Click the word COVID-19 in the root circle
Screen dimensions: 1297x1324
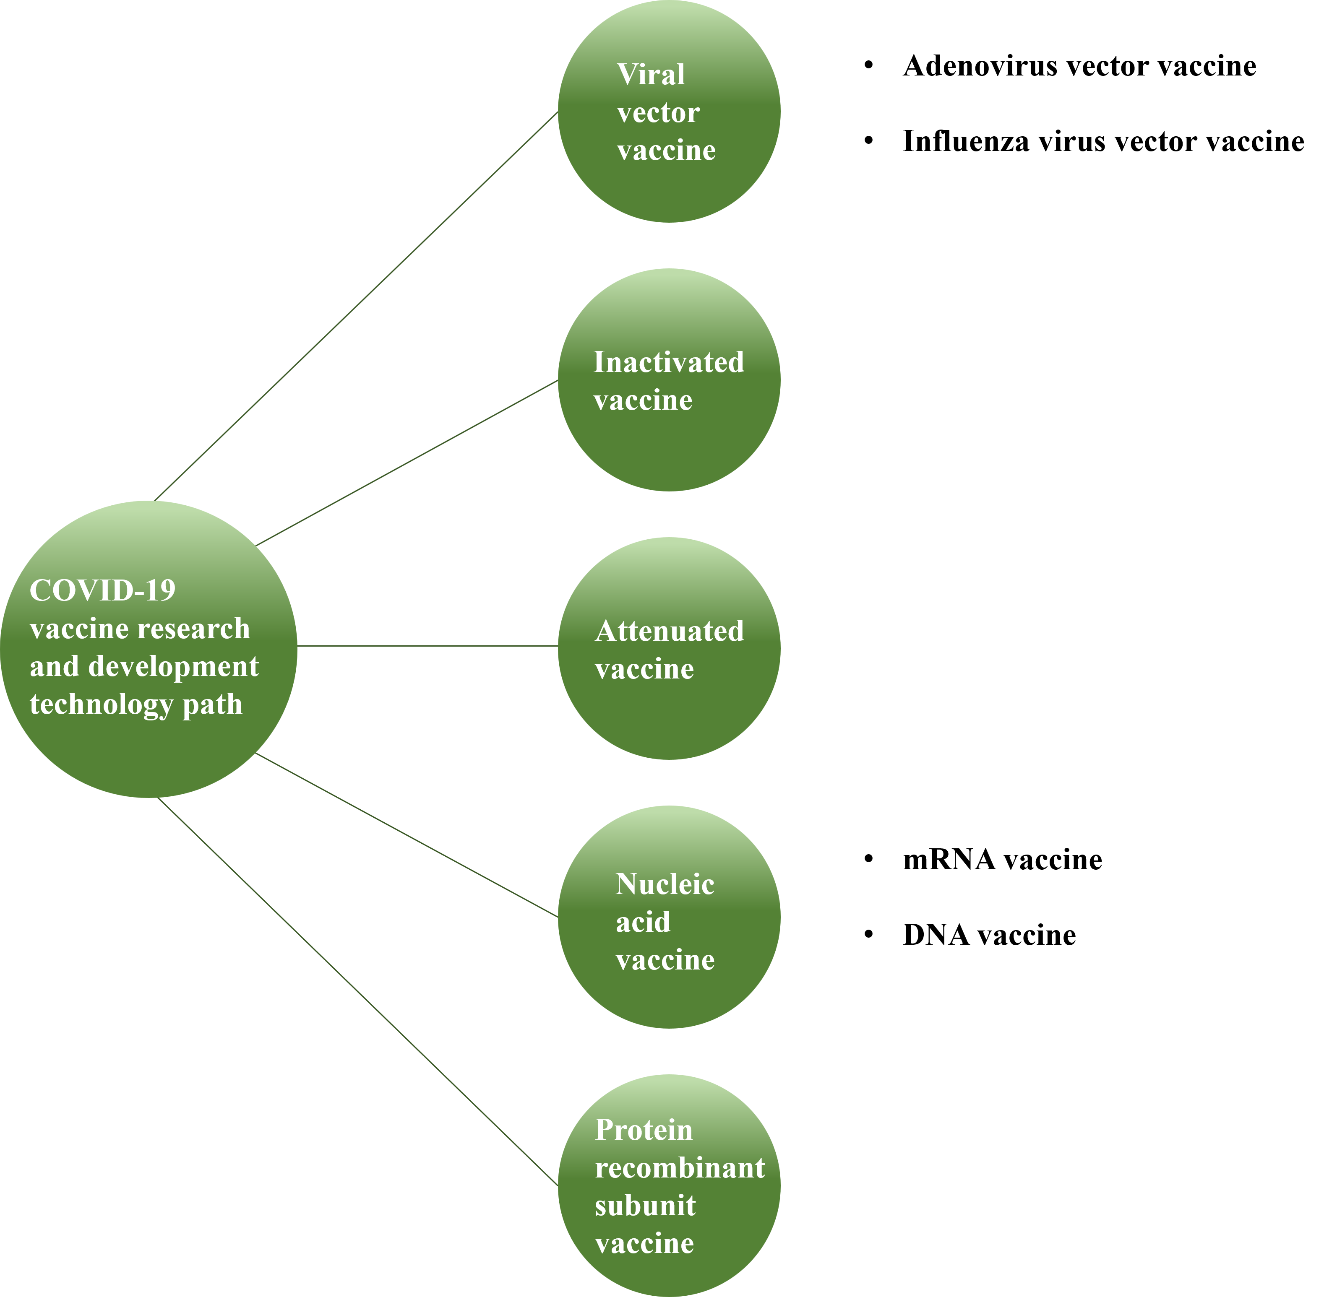(102, 590)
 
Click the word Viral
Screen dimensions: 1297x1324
(651, 74)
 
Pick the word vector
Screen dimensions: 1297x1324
(657, 112)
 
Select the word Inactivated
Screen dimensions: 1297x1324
(668, 362)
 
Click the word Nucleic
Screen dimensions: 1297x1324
(665, 884)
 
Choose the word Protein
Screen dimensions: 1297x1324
(644, 1130)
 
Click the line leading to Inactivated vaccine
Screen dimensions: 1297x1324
(407, 463)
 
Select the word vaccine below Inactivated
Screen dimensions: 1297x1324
(643, 400)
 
